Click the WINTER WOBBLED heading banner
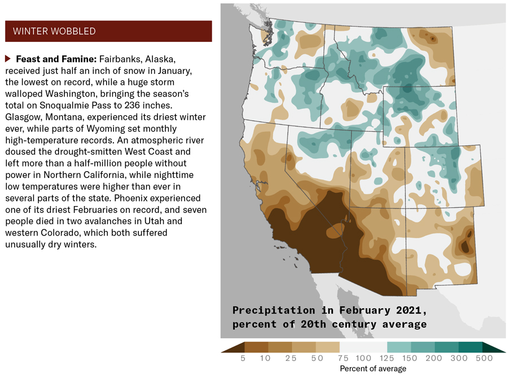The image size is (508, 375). click(108, 31)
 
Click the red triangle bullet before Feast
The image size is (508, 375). click(8, 59)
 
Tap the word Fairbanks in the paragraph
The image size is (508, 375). click(120, 59)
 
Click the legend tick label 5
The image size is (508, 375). click(243, 358)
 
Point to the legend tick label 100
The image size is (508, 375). click(364, 358)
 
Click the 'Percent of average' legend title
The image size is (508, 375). click(373, 368)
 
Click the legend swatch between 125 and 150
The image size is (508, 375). click(399, 347)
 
